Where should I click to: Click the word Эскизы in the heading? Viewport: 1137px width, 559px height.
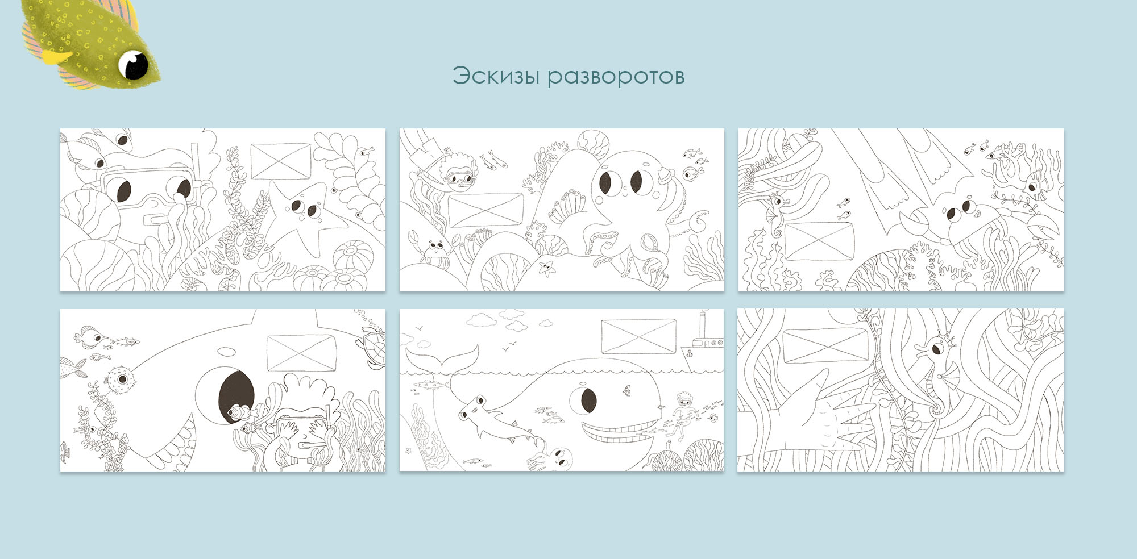pos(496,76)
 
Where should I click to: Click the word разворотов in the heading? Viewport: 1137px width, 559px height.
pos(616,77)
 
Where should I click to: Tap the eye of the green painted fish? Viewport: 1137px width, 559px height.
pos(134,64)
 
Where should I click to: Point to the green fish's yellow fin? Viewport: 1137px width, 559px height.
pos(57,57)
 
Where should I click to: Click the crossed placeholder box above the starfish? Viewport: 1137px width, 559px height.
pos(281,161)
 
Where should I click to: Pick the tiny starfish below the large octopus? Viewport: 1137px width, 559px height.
pos(547,266)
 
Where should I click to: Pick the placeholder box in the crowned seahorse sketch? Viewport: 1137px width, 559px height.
pos(825,347)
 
